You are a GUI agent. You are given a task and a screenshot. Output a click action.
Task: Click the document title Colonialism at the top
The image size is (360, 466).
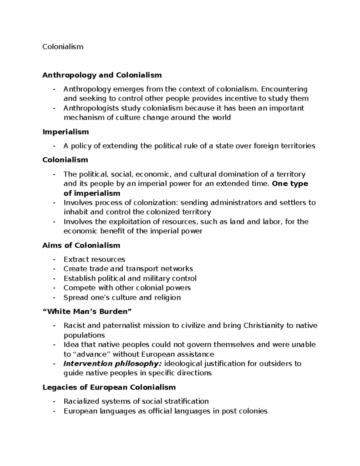63,47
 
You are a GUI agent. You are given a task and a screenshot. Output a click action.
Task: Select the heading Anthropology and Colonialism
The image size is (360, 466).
102,75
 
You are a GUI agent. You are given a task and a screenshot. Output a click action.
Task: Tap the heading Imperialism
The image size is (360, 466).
65,132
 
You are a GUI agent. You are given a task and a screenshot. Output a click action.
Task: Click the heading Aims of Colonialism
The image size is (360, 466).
81,245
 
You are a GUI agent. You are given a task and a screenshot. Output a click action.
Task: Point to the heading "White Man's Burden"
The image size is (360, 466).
87,311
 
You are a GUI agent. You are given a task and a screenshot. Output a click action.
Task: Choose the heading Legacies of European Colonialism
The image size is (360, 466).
109,387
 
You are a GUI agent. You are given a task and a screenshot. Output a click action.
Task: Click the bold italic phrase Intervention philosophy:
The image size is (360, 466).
112,364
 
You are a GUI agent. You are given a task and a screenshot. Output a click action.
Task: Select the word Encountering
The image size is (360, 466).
284,89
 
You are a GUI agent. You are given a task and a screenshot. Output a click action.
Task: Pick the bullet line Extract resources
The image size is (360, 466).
94,259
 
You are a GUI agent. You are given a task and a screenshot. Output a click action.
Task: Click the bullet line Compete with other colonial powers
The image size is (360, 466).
127,288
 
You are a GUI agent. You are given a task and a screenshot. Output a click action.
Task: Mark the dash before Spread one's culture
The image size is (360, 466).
54,297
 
